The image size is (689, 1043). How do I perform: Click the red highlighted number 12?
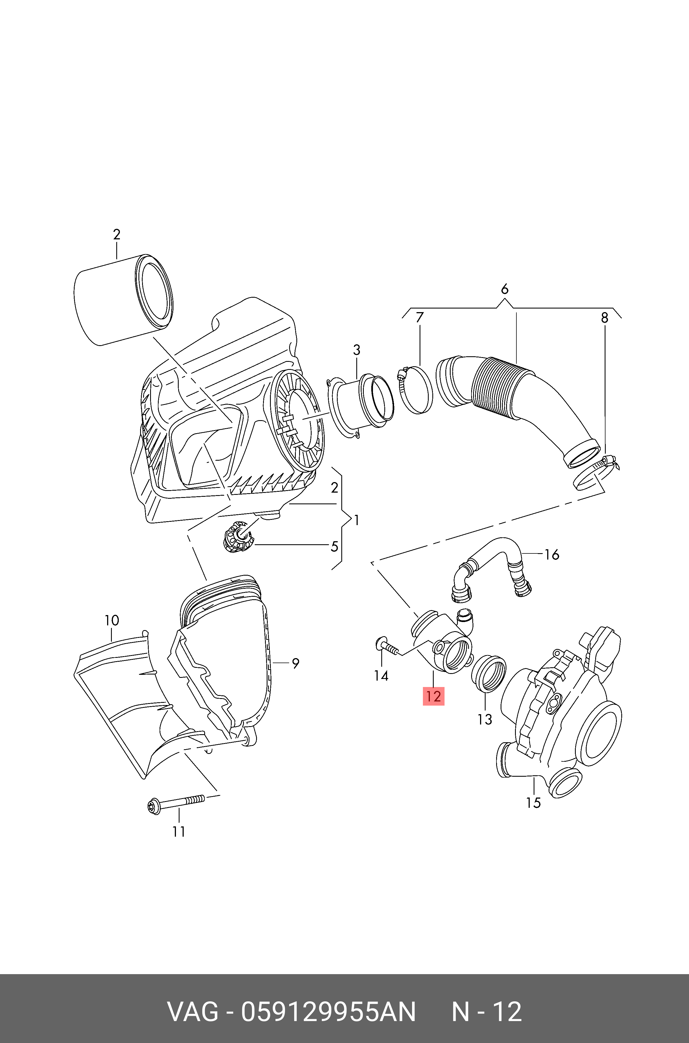click(x=433, y=696)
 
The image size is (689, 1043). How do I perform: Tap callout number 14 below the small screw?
click(x=381, y=675)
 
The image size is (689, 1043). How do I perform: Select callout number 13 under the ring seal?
click(x=485, y=719)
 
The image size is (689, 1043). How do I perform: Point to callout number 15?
click(x=533, y=803)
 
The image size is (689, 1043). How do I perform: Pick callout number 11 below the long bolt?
click(x=178, y=831)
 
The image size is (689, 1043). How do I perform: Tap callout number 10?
click(x=112, y=620)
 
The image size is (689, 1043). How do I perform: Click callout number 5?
click(x=334, y=546)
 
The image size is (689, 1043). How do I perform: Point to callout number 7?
click(x=420, y=317)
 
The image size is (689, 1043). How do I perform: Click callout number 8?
click(x=605, y=317)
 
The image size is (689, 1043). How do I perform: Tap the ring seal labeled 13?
click(x=488, y=673)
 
